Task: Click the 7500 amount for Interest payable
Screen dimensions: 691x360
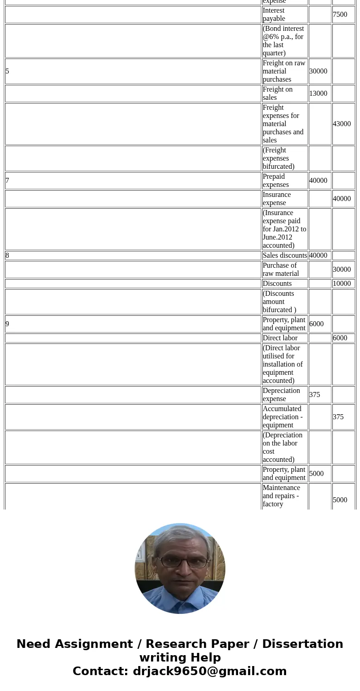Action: point(340,15)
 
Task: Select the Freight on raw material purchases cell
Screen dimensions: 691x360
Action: point(284,71)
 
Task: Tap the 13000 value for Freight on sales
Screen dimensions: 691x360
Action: point(318,93)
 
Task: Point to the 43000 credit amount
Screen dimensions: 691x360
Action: point(342,124)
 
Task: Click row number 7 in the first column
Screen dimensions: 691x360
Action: point(8,181)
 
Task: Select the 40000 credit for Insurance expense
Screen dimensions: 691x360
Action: point(342,199)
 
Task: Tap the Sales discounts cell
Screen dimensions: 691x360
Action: point(285,255)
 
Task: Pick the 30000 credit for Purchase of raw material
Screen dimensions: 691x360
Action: point(342,270)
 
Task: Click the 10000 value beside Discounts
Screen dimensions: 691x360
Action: point(342,284)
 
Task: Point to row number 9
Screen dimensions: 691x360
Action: point(8,324)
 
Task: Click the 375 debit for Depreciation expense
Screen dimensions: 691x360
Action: point(315,395)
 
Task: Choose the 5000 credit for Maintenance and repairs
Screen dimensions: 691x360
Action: point(340,500)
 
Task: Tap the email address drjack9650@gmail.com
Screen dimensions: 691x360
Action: point(210,671)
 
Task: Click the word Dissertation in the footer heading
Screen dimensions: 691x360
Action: point(302,644)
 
